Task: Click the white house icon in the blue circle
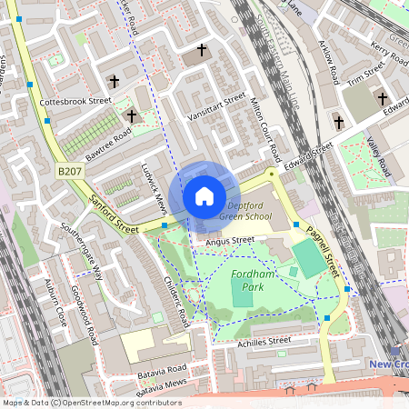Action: (204, 195)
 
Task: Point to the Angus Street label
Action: (230, 241)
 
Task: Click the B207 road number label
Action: (69, 169)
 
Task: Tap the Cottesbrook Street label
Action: (75, 102)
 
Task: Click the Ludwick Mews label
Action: (152, 190)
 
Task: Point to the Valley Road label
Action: (377, 155)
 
